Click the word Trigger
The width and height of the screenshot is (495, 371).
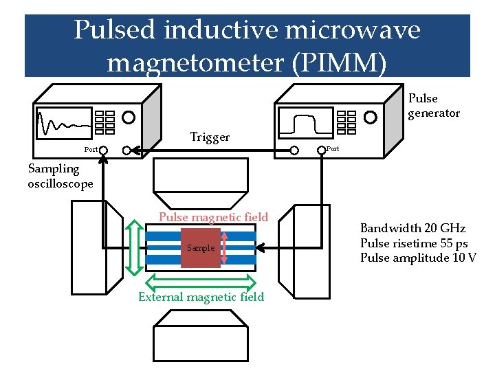tap(210, 137)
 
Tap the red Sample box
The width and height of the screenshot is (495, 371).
tap(201, 248)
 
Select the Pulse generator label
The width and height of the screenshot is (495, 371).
tap(433, 106)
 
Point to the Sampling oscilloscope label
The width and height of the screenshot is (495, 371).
tap(60, 176)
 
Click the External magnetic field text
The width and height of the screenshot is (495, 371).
tap(201, 297)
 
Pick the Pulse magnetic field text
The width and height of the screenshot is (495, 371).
tap(213, 217)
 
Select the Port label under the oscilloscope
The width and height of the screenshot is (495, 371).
tap(90, 149)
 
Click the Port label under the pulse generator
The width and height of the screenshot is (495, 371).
tap(333, 149)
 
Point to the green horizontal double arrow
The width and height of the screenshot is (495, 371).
tap(201, 281)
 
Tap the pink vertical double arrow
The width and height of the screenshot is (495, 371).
tap(224, 247)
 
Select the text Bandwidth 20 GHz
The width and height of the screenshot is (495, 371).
tap(412, 228)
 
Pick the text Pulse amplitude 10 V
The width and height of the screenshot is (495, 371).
tap(418, 258)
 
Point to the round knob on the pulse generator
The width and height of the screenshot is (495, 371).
tap(371, 117)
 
